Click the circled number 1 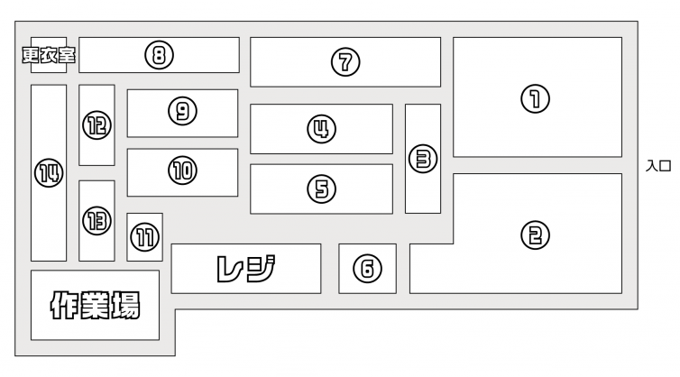[536, 98]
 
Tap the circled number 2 [536, 235]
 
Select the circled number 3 [422, 160]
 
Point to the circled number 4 [320, 130]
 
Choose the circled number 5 [320, 188]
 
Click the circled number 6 [367, 269]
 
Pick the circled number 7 [345, 62]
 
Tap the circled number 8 [159, 56]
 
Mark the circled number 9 [182, 111]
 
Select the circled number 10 [182, 170]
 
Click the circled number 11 [144, 238]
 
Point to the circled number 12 [96, 125]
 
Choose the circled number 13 [96, 219]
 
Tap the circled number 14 [49, 173]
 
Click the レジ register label [245, 268]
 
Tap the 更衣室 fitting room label [49, 56]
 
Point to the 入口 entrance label [659, 166]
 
